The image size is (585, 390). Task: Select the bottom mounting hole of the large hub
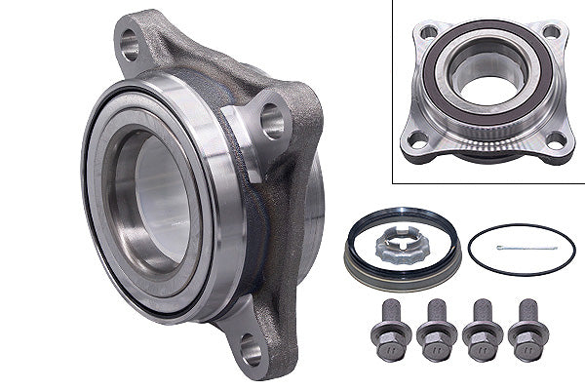(250, 344)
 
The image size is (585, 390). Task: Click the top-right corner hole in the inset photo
(551, 32)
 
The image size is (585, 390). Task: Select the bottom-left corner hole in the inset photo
(416, 142)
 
